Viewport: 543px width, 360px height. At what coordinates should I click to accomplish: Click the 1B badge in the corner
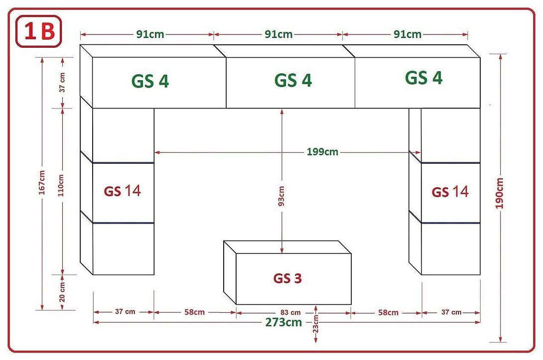coord(38,32)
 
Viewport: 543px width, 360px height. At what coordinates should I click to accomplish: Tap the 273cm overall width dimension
coord(283,322)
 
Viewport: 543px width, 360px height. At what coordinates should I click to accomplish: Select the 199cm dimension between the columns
coord(322,151)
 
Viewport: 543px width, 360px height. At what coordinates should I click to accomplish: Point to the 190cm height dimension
coord(500,193)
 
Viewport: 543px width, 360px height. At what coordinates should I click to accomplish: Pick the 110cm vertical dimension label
coord(62,185)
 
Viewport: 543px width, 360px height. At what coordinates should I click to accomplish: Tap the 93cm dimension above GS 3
coord(281,196)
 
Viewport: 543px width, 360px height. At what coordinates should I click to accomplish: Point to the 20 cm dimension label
coord(62,292)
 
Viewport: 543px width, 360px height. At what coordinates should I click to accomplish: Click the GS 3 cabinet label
coord(287,278)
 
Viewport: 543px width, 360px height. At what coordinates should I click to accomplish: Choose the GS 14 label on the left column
coord(122,191)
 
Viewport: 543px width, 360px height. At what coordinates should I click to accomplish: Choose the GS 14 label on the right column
coord(450,192)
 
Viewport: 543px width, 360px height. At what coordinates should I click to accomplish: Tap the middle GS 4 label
coord(293,80)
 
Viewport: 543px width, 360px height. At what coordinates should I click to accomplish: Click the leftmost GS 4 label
coord(150,81)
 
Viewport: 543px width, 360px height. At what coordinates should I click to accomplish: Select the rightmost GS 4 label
coord(423,78)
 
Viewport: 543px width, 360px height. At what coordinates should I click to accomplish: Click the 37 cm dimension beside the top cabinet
coord(62,83)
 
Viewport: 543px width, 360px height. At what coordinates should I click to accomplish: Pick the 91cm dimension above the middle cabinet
coord(278,34)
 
